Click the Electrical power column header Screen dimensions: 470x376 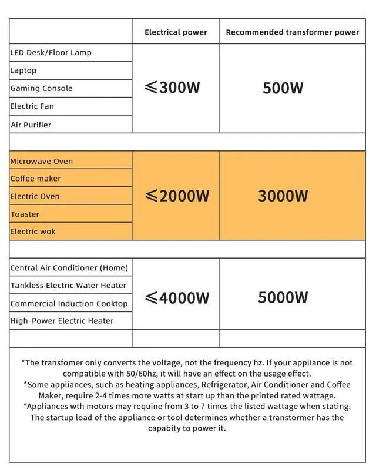tap(176, 32)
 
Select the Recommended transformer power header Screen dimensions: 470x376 tap(292, 32)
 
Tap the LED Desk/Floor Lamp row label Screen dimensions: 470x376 tap(51, 53)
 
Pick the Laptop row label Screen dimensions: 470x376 tap(23, 70)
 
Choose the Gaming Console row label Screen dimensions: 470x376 tap(41, 89)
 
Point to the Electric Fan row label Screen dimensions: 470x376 tap(35, 106)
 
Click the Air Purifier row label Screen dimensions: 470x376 tap(31, 125)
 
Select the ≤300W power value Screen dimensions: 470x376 tap(173, 88)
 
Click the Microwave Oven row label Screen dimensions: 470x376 tap(41, 161)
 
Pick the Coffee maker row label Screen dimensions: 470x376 tap(35, 179)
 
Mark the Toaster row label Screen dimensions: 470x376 tap(25, 214)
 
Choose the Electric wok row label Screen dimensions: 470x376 tap(33, 231)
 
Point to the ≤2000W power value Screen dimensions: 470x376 tap(177, 196)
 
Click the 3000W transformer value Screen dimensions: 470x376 tap(283, 196)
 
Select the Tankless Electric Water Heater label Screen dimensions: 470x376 tap(68, 286)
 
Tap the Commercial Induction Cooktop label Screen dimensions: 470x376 tap(69, 304)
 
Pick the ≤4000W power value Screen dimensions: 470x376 tap(177, 297)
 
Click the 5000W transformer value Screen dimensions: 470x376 tap(283, 297)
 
